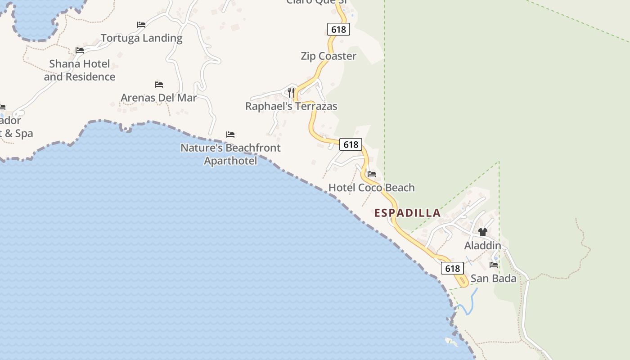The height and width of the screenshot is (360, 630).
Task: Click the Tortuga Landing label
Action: click(x=141, y=38)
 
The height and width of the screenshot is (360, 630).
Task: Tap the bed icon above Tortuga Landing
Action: click(x=141, y=25)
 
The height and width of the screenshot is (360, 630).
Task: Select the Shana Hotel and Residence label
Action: click(x=80, y=70)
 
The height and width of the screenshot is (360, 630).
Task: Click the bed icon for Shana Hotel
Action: click(x=80, y=50)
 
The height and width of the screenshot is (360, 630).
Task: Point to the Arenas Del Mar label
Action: click(x=158, y=98)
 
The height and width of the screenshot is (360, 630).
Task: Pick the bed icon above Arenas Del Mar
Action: click(x=158, y=84)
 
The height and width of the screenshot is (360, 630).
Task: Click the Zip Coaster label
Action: click(x=328, y=56)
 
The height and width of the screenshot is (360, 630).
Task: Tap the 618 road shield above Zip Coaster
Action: click(x=338, y=30)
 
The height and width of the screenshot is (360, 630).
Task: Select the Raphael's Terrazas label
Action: click(x=291, y=106)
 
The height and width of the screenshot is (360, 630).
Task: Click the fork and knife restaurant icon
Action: click(x=291, y=93)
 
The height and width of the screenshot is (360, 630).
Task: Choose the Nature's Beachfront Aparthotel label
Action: click(x=230, y=154)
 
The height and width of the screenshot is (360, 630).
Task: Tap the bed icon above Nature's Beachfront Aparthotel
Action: click(x=230, y=134)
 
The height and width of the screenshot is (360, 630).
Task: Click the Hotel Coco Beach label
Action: click(x=371, y=187)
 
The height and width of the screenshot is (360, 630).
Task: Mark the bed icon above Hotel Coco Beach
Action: click(x=371, y=174)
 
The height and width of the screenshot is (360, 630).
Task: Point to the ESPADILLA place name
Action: click(x=407, y=213)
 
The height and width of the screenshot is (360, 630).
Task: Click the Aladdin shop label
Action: click(x=482, y=245)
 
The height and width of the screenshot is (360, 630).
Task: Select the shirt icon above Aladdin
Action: click(x=483, y=232)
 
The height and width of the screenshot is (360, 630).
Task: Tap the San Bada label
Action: click(x=493, y=279)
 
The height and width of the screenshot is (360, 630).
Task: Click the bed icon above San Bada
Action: click(x=494, y=265)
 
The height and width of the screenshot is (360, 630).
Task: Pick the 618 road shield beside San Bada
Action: click(x=452, y=269)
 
